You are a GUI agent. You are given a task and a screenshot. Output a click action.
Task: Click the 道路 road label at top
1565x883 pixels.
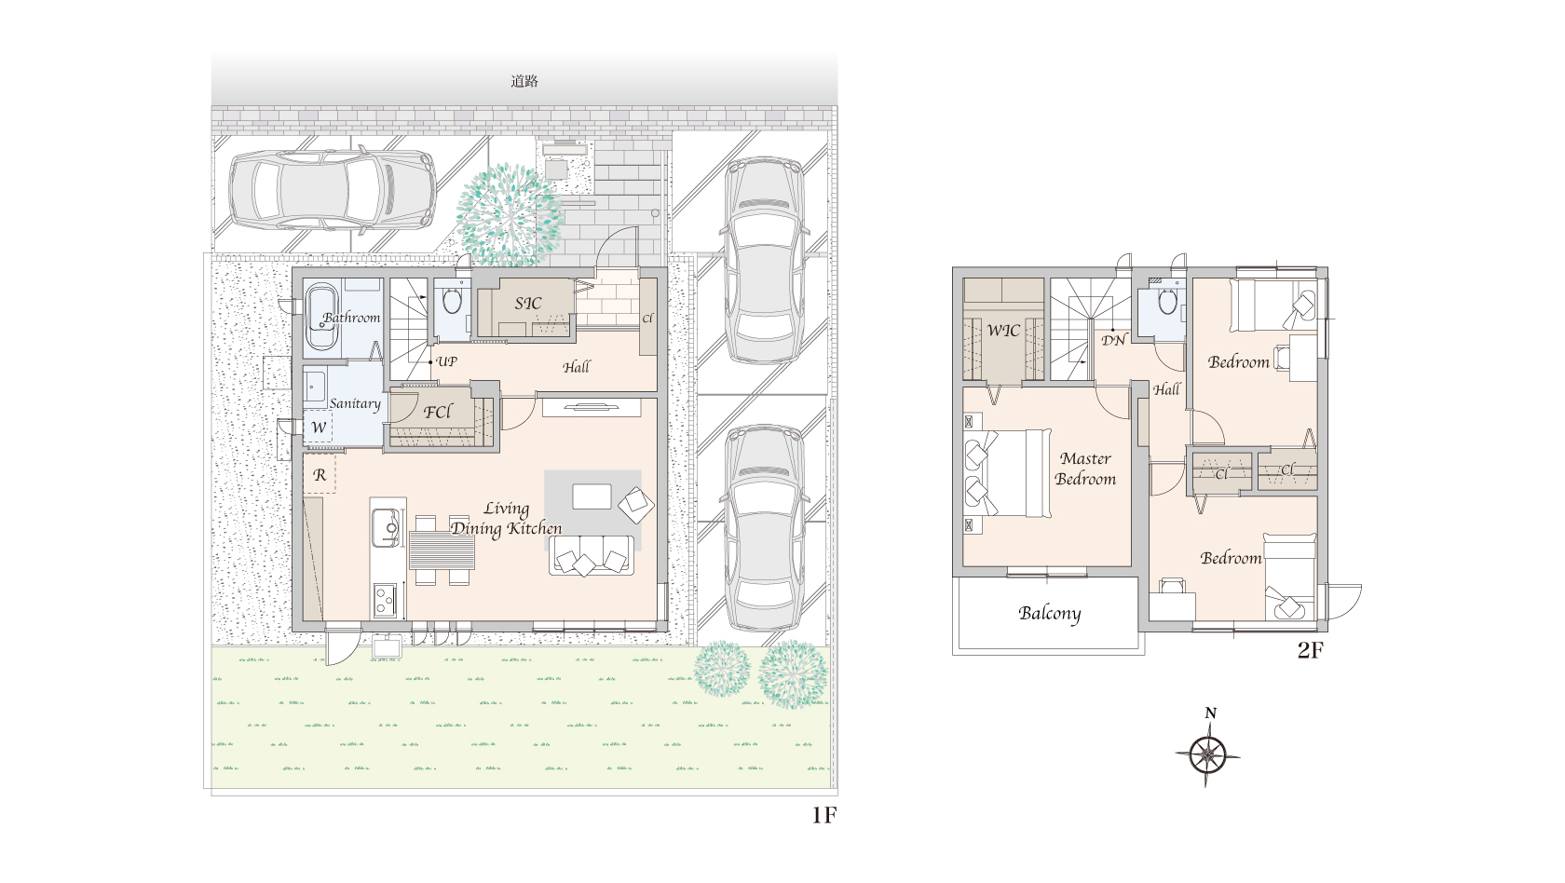click(x=524, y=81)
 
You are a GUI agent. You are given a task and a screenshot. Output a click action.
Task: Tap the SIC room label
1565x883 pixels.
click(x=528, y=304)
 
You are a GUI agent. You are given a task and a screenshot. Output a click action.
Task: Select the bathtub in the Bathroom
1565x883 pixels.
click(x=321, y=317)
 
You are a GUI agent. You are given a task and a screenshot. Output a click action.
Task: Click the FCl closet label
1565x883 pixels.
click(x=438, y=412)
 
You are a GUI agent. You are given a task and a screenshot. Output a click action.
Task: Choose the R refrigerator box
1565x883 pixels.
click(x=320, y=474)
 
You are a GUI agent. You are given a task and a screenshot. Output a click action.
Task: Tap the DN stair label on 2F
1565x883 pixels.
click(x=1114, y=340)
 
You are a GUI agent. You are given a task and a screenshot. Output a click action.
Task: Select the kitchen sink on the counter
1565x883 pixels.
click(x=385, y=527)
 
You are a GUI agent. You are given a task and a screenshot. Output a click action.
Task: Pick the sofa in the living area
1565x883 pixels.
click(x=591, y=556)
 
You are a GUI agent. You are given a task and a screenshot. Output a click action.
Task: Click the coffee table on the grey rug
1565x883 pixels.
click(x=592, y=496)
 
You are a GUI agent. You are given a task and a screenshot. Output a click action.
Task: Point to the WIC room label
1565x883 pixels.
click(x=1003, y=331)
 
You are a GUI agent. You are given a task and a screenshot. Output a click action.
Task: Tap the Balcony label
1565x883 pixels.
click(x=1049, y=614)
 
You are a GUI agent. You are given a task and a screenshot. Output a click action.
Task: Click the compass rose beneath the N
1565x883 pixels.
click(x=1207, y=755)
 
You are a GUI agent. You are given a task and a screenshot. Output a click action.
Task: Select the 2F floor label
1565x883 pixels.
click(x=1311, y=650)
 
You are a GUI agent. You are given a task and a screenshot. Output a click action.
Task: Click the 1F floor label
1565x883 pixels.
click(x=823, y=815)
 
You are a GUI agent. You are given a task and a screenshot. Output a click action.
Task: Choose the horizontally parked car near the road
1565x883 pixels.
click(x=333, y=190)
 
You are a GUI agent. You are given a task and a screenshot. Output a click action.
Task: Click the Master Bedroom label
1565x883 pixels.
click(x=1086, y=469)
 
